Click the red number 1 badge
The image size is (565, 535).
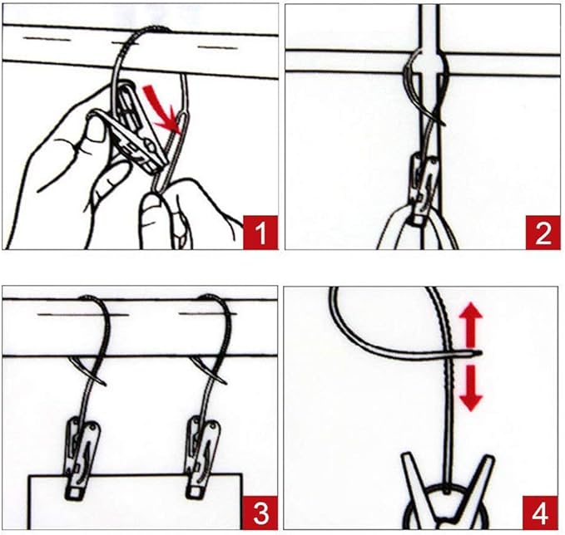tap(260, 233)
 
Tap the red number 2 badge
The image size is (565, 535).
tap(543, 233)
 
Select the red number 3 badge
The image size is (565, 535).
tap(260, 513)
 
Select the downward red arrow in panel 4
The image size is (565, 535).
tap(470, 388)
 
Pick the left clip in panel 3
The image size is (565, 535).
tap(82, 459)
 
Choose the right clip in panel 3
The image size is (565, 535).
tap(201, 459)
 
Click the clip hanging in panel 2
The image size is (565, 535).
tap(424, 189)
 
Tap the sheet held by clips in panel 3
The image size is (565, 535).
tap(135, 502)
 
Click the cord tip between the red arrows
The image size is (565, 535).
tap(478, 354)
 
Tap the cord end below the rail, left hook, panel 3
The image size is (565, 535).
tap(104, 384)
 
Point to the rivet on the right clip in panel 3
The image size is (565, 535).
tap(215, 427)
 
